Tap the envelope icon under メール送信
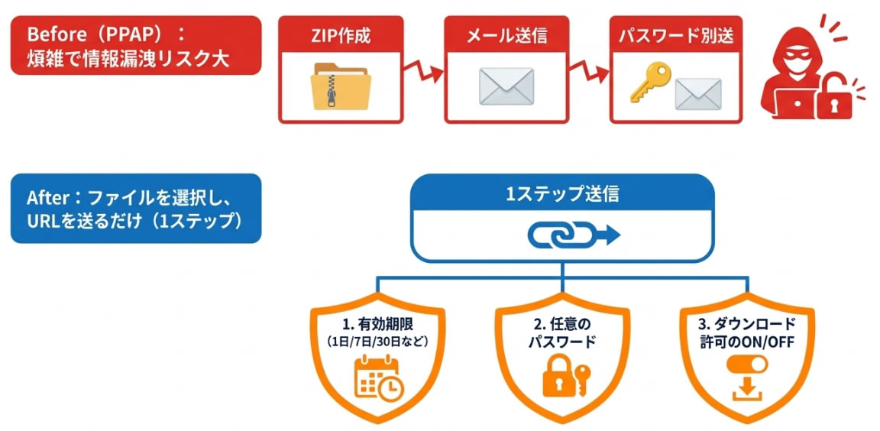(505, 86)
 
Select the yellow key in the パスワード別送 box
(649, 83)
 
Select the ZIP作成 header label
(340, 35)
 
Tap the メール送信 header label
(506, 35)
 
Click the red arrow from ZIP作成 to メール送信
(423, 73)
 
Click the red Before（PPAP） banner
(135, 46)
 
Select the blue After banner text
(135, 209)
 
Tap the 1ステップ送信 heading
(562, 194)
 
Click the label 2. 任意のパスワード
(562, 334)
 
